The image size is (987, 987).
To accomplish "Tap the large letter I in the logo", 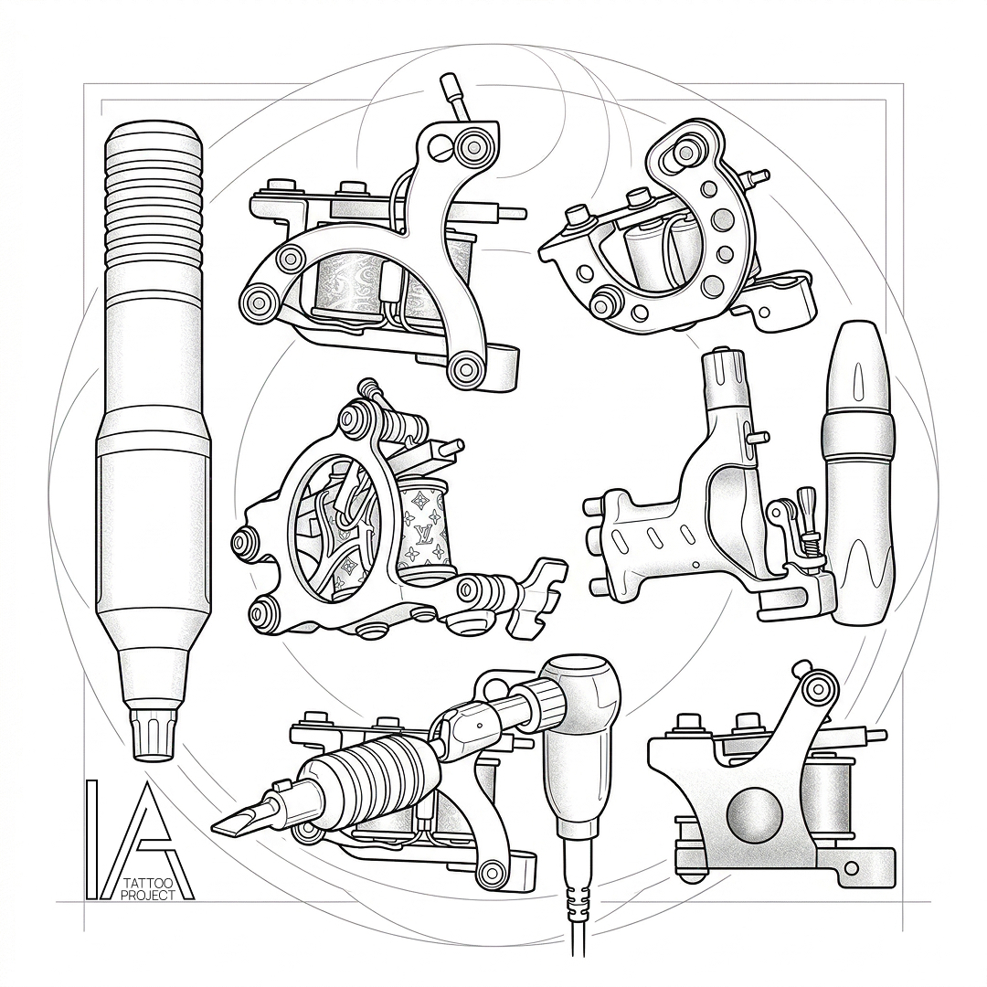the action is pyautogui.click(x=91, y=840).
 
